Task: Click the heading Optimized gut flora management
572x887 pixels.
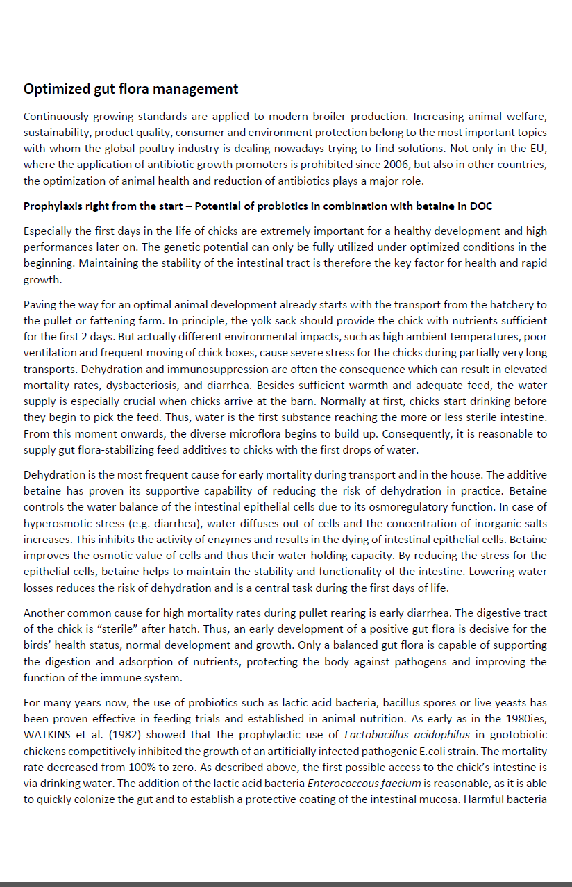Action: tap(131, 89)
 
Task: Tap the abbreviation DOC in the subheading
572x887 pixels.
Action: tap(480, 206)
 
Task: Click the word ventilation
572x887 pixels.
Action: tap(48, 353)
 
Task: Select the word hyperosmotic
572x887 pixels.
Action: tap(56, 523)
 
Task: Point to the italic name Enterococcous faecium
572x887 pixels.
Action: tap(364, 783)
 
